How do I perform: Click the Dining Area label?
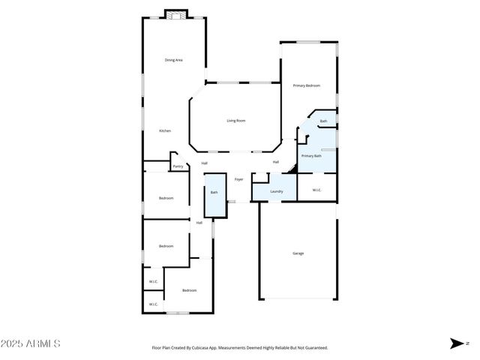174,59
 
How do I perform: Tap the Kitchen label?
165,130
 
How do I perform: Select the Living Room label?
236,121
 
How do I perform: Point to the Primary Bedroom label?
307,85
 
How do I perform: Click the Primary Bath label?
311,155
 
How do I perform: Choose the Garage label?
298,253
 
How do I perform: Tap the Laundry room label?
276,190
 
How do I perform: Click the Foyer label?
238,179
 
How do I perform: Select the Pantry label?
178,166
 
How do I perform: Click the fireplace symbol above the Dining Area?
176,14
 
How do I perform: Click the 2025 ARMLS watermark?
31,343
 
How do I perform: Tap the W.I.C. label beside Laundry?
316,189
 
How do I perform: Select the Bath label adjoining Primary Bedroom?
323,121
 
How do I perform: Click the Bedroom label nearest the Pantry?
166,198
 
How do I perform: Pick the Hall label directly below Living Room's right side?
276,162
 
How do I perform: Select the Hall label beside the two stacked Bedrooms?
199,223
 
